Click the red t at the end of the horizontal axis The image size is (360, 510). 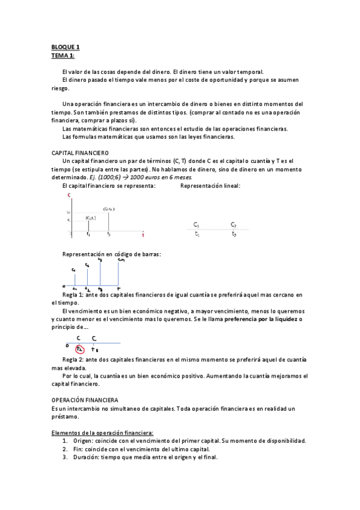pos(142,235)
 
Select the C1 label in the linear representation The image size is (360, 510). pos(197,224)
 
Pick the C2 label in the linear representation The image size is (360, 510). pos(233,224)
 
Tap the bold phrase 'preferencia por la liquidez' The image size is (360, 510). pos(261,319)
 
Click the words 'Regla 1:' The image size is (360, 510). pos(73,295)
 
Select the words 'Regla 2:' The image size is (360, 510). pos(73,359)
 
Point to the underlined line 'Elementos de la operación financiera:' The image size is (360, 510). pos(102,432)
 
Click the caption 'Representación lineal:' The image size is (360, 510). pos(210,186)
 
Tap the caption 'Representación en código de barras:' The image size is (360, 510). pos(112,254)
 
